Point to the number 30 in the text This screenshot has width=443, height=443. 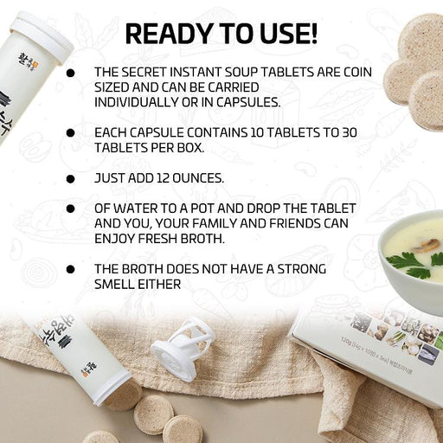click(x=350, y=132)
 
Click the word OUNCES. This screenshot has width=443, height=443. click(x=198, y=178)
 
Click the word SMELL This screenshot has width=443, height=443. click(x=114, y=285)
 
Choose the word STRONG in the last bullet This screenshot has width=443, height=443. click(x=302, y=269)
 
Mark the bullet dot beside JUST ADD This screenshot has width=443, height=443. click(x=70, y=179)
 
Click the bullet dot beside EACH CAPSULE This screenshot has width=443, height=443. click(x=70, y=133)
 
